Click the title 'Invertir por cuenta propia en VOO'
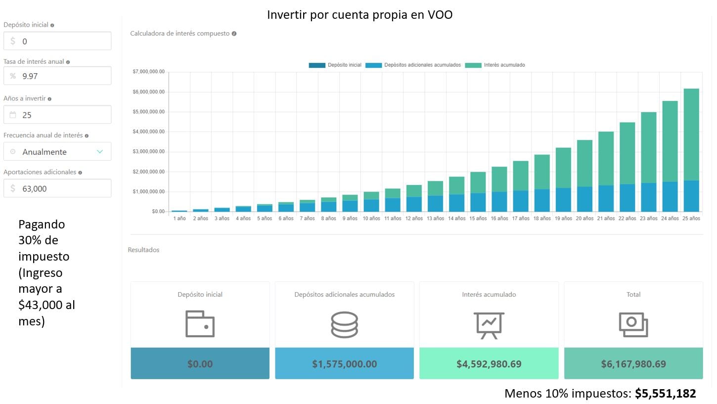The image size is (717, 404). (x=359, y=15)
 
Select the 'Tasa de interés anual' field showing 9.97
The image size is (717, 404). (x=57, y=76)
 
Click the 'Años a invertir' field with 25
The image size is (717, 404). (x=57, y=115)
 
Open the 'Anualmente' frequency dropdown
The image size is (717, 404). (x=57, y=152)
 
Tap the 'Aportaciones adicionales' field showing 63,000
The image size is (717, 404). (x=57, y=188)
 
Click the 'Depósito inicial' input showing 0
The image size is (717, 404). (x=57, y=42)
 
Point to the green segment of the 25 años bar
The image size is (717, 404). (x=691, y=134)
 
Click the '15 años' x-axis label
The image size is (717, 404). (x=478, y=219)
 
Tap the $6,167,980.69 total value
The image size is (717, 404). (x=633, y=364)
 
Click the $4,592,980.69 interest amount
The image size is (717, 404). (x=489, y=364)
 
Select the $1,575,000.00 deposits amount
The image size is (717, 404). (x=344, y=364)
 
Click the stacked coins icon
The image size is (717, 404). (x=344, y=325)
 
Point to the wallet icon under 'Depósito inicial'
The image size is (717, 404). (x=200, y=324)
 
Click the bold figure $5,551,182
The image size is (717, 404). (x=666, y=394)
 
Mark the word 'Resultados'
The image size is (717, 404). (x=143, y=250)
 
